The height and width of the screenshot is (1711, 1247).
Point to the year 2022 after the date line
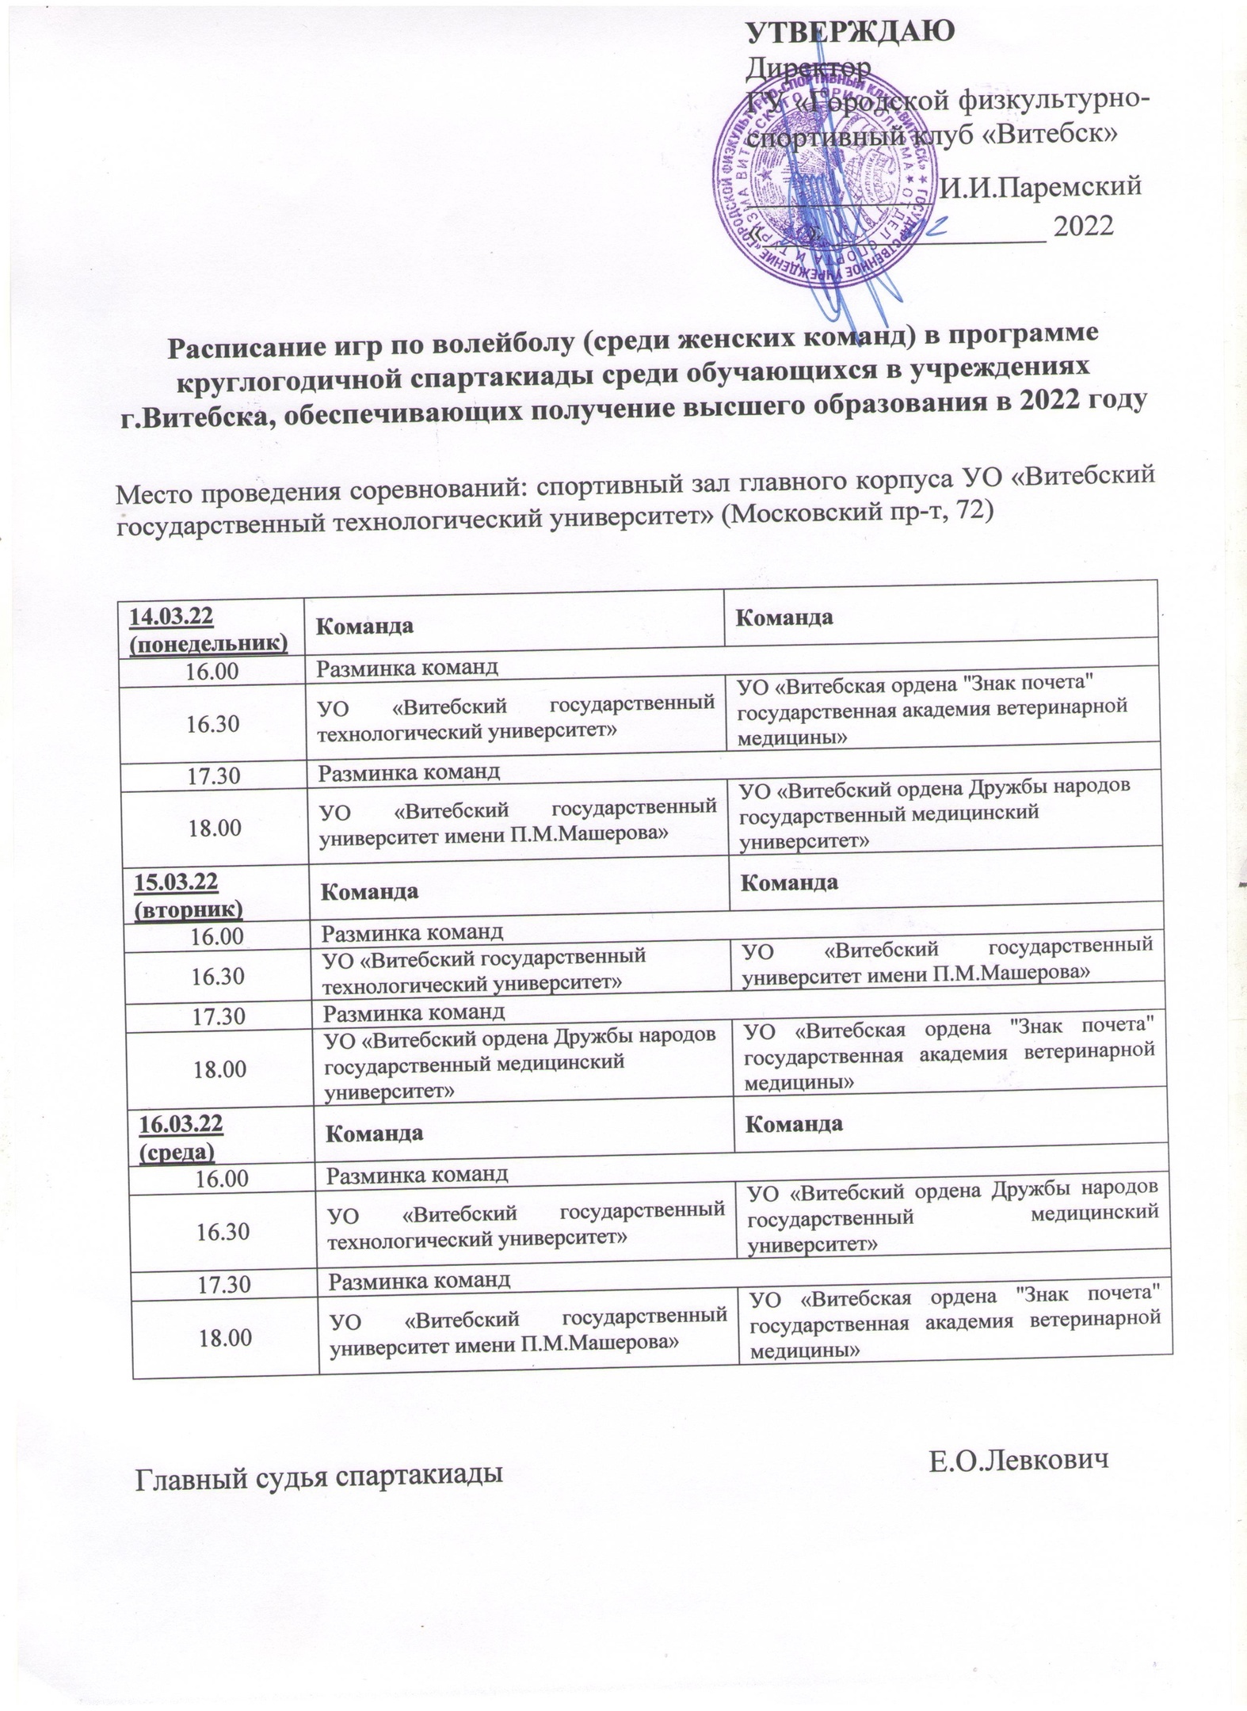pyautogui.click(x=1083, y=227)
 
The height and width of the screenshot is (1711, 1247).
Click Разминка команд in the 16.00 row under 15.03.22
pyautogui.click(x=412, y=929)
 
